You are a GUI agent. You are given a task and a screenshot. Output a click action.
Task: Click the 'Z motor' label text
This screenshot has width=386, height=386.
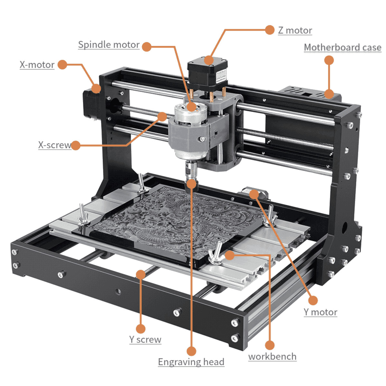click(295, 30)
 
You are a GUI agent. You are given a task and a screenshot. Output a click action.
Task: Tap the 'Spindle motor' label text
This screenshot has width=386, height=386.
click(109, 45)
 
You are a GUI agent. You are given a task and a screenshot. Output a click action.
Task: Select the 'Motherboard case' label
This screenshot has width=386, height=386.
click(343, 48)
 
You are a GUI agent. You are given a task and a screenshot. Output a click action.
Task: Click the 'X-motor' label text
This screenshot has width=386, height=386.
click(37, 65)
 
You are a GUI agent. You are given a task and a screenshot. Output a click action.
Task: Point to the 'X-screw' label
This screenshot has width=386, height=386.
click(54, 145)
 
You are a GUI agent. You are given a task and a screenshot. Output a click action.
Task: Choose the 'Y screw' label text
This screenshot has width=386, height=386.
click(145, 339)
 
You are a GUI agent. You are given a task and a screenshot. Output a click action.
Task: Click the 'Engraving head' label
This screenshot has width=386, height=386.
click(191, 362)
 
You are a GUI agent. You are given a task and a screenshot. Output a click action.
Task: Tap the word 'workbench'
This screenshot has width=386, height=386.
click(272, 356)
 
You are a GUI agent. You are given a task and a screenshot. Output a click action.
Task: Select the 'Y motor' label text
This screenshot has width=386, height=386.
click(320, 312)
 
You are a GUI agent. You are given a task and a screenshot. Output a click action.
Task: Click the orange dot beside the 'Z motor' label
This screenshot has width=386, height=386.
click(270, 30)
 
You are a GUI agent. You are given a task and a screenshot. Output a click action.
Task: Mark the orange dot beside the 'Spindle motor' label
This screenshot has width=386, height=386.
click(147, 47)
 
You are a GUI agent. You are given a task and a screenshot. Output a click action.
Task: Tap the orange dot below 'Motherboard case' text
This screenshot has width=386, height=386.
click(329, 60)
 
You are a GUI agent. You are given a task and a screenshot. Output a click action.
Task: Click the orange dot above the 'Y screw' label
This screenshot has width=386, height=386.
click(141, 329)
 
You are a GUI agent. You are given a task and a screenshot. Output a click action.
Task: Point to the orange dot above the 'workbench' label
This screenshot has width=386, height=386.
click(270, 345)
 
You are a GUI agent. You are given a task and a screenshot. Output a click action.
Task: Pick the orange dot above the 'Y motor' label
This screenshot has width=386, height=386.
click(313, 300)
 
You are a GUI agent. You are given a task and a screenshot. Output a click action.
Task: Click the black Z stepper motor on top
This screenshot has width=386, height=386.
click(207, 72)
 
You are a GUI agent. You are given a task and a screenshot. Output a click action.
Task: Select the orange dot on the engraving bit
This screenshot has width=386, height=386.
click(191, 184)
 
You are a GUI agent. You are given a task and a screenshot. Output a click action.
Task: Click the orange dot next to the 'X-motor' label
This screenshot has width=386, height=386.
click(62, 65)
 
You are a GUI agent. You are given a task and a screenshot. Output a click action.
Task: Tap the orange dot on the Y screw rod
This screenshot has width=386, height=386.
click(141, 274)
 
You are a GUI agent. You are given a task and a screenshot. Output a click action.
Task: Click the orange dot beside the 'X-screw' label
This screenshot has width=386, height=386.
click(75, 145)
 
